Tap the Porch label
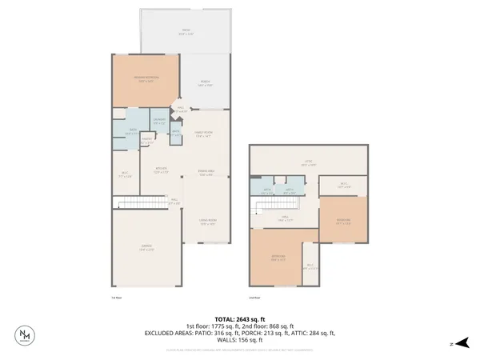coord(206,84)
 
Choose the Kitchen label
coord(160,169)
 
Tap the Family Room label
coord(203,134)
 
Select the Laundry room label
coord(159,122)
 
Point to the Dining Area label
coord(206,174)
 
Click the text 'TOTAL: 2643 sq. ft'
coord(240,318)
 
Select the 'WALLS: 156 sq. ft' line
coord(240,340)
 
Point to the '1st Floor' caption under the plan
coord(115,297)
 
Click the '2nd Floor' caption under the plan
coord(255,297)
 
